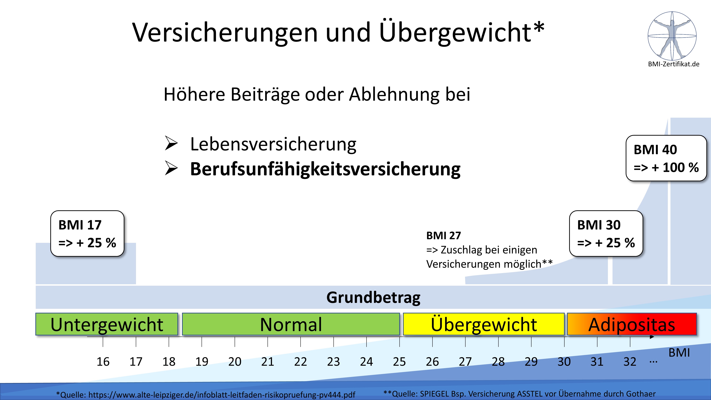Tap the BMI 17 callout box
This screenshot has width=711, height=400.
(x=87, y=234)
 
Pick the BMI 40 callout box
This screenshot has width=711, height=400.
(x=666, y=158)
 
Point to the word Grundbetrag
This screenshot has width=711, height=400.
(x=373, y=298)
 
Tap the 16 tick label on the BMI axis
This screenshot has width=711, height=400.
(x=103, y=362)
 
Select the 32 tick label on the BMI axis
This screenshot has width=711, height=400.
(x=630, y=362)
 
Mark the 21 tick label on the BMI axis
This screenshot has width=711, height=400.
(x=268, y=362)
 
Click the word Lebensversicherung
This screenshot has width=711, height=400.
(x=273, y=144)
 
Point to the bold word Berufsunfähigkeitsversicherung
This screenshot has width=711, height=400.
(x=325, y=169)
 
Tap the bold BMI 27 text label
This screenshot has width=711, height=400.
(x=443, y=236)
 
